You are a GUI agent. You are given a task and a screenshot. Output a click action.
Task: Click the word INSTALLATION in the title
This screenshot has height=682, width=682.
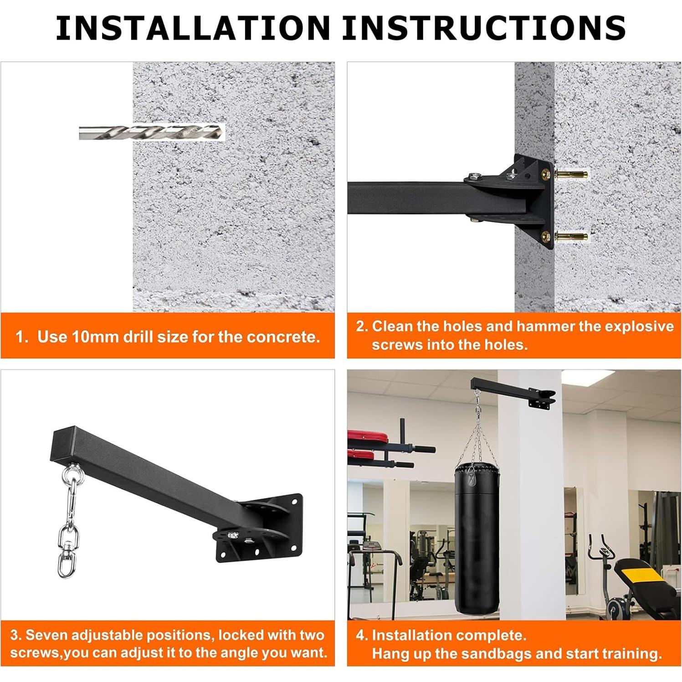click(193, 27)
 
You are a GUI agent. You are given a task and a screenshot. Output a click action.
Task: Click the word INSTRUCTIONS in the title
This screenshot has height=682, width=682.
click(484, 27)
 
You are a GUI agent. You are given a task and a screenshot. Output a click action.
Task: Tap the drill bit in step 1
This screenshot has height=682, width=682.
click(152, 132)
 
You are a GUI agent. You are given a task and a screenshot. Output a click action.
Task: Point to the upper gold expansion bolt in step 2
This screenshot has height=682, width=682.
click(570, 174)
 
